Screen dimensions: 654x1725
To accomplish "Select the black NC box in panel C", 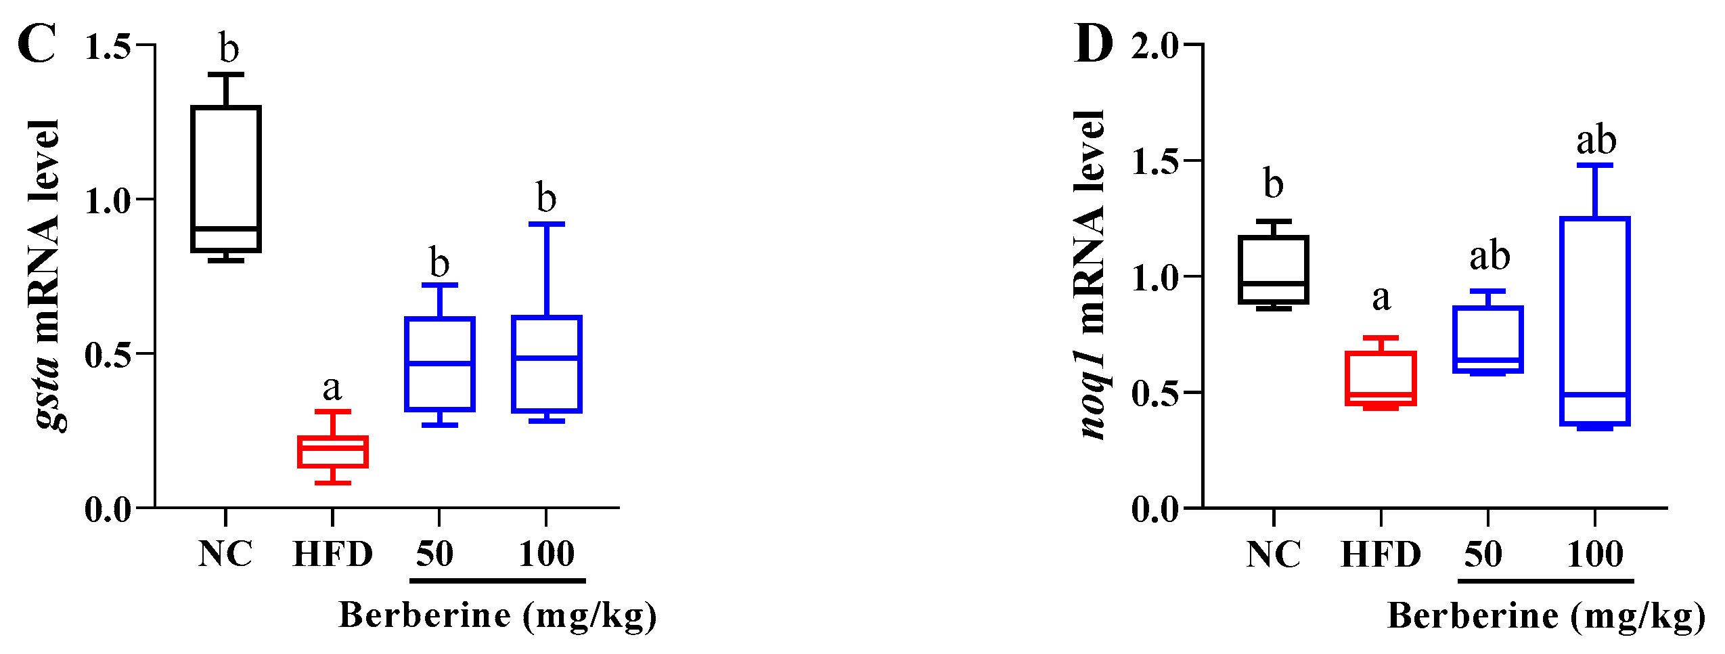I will [226, 178].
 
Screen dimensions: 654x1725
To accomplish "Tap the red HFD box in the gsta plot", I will [333, 452].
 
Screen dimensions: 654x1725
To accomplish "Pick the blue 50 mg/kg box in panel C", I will [440, 364].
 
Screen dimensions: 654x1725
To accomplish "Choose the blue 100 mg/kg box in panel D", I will [1595, 321].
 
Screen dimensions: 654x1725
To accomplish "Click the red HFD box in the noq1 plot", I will [1381, 378].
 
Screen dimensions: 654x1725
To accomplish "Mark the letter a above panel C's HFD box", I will [332, 389].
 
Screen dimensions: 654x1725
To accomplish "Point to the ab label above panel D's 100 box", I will [1596, 141].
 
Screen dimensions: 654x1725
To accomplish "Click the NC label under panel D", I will [1273, 554].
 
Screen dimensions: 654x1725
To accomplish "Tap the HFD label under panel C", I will [333, 554].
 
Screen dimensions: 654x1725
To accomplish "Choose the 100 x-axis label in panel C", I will [546, 554].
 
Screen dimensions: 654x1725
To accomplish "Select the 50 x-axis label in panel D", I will [1483, 554].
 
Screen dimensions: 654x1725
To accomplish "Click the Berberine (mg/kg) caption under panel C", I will [497, 616].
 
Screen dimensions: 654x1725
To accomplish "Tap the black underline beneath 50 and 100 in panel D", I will [1546, 581].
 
